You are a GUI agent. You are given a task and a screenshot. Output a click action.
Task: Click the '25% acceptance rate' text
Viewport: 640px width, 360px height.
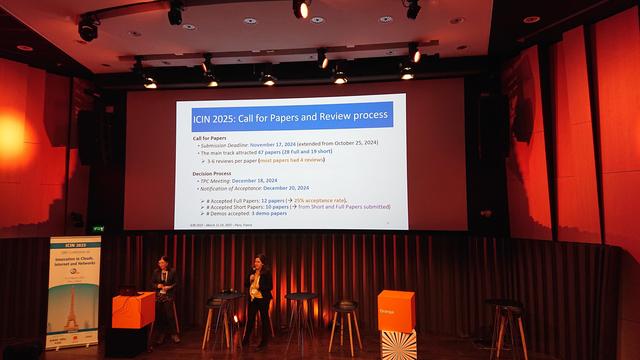(321, 200)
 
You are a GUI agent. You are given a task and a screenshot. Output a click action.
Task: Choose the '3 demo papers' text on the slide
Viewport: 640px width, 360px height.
(270, 213)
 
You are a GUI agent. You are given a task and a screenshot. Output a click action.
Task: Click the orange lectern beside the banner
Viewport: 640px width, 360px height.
(133, 312)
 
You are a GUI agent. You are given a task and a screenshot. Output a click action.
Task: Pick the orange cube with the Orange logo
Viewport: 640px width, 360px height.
(396, 310)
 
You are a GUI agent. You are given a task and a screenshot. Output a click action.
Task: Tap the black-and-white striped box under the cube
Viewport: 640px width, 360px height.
(398, 345)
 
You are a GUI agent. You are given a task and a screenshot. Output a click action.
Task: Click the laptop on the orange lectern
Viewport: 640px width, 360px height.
(128, 290)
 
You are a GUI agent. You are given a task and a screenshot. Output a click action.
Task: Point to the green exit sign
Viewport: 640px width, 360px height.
(98, 228)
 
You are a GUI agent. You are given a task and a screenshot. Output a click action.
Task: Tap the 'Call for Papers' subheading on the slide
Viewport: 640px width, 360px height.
(209, 137)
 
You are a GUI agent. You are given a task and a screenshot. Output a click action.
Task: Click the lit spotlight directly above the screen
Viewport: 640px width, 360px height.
(301, 9)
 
